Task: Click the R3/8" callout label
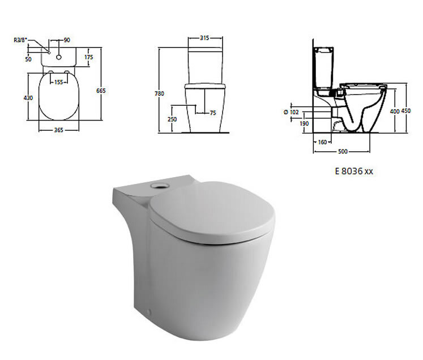20,40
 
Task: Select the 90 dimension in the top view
67,40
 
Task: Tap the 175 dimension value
88,57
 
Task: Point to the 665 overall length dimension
101,91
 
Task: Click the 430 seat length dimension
28,98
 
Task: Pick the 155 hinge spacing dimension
58,82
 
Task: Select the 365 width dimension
58,130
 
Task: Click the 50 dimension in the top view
28,59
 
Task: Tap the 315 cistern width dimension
205,38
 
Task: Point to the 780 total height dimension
159,93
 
